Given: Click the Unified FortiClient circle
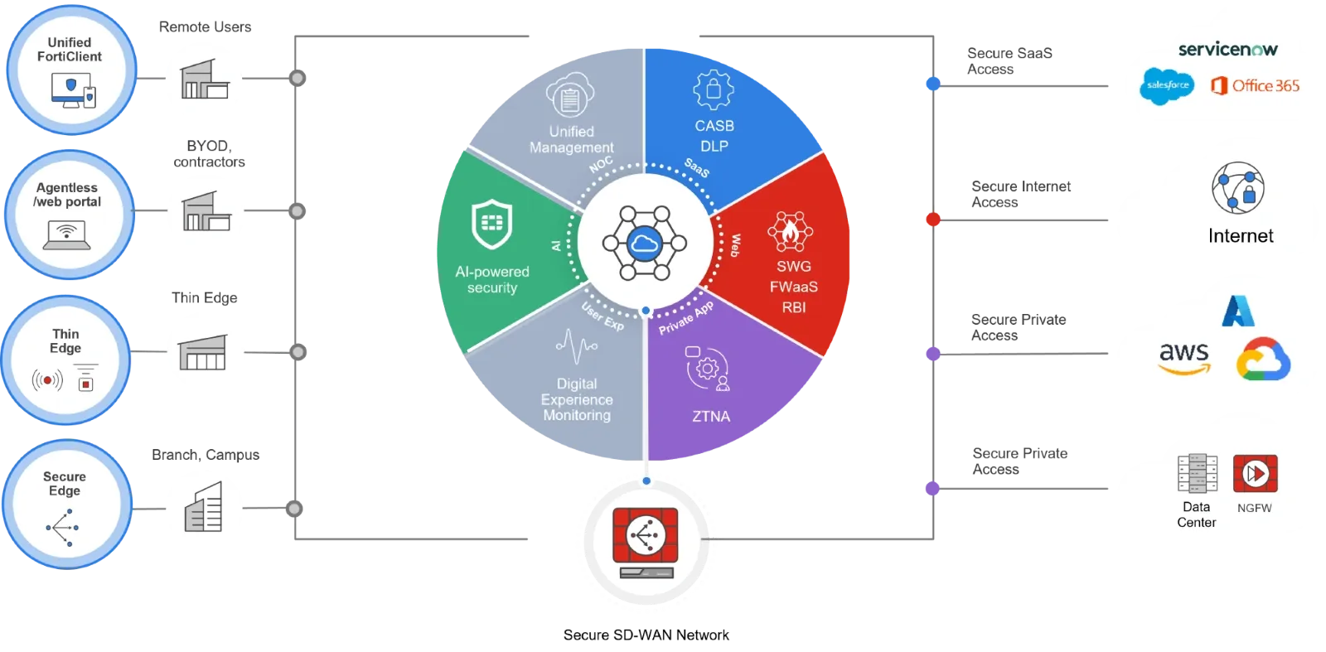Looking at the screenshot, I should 71,70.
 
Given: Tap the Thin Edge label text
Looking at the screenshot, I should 65,341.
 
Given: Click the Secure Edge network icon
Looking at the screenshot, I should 63,527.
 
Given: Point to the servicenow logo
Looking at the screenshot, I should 1227,50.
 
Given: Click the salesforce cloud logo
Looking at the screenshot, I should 1167,85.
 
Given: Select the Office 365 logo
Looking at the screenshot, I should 1255,85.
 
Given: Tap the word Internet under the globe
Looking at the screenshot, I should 1241,236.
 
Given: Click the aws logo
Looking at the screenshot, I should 1184,357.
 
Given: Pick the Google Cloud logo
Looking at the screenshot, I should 1263,360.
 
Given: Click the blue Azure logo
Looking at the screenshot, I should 1238,311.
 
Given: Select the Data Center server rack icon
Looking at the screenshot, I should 1198,474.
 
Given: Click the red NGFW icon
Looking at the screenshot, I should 1255,474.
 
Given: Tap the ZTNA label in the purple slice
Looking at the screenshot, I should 711,417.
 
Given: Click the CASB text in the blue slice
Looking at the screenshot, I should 714,126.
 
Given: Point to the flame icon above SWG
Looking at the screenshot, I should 791,231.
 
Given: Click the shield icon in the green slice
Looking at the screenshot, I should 492,224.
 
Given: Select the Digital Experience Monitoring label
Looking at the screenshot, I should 577,399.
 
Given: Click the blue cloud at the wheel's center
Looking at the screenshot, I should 644,243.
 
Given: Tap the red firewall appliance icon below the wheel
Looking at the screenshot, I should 646,542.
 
